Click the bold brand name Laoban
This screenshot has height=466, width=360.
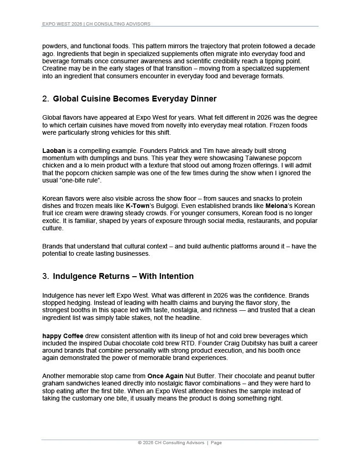pyautogui.click(x=54, y=151)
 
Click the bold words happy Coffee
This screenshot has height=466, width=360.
pyautogui.click(x=63, y=336)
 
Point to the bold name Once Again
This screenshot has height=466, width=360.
pyautogui.click(x=165, y=376)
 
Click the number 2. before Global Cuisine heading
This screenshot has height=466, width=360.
pyautogui.click(x=46, y=99)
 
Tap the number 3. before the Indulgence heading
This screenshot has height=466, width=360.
pyautogui.click(x=46, y=276)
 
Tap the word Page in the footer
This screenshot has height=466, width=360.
pyautogui.click(x=216, y=443)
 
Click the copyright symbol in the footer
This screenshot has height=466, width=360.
pyautogui.click(x=140, y=443)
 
